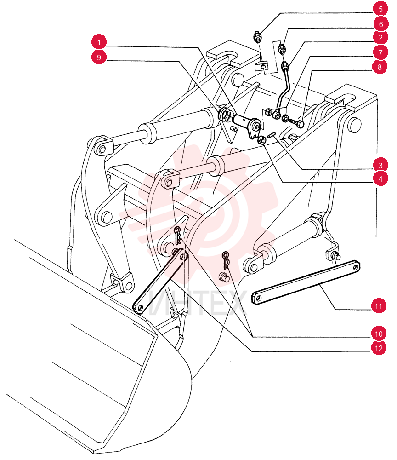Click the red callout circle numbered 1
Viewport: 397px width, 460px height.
tap(99, 42)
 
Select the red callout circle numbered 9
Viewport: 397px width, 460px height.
tap(99, 57)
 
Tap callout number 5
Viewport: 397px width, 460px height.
tap(380, 9)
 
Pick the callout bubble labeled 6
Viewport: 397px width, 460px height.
tap(380, 24)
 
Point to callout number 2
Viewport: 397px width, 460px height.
tap(380, 38)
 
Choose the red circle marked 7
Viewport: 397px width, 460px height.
tap(380, 53)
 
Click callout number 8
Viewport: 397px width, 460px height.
tap(380, 67)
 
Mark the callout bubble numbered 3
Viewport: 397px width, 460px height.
tap(380, 166)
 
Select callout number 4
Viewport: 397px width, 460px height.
tap(380, 179)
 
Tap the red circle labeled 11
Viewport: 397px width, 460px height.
tap(379, 306)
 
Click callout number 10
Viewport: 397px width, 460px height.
tap(379, 334)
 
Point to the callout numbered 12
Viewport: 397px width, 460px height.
tap(379, 348)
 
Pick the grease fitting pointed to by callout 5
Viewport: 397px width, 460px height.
tap(257, 37)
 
